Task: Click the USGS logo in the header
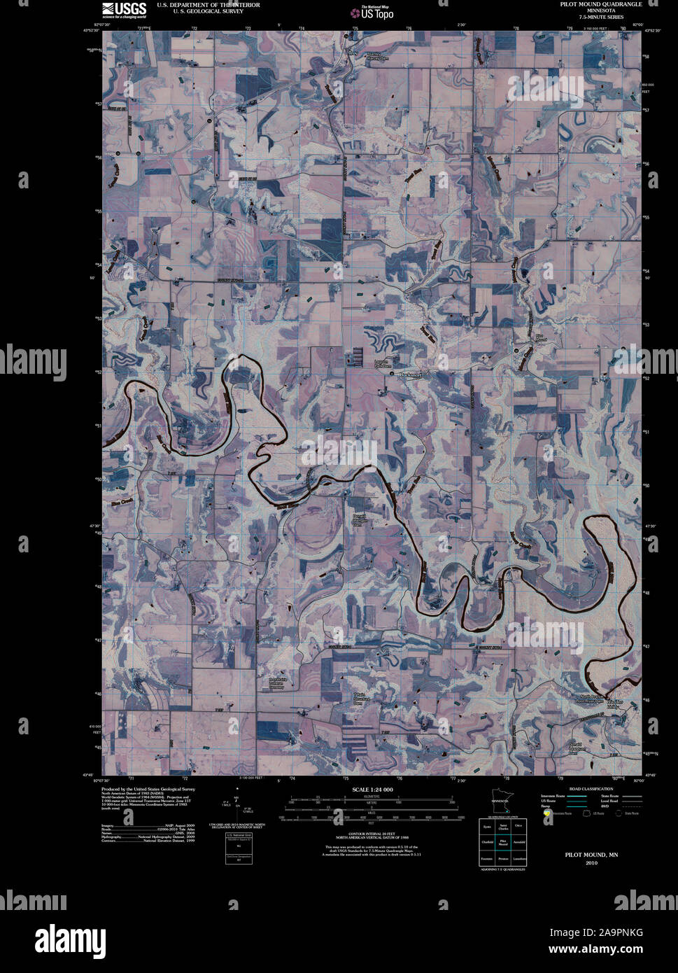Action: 124,9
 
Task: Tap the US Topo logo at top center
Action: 372,12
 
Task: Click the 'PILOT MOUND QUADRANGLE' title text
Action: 600,4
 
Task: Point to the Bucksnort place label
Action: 412,375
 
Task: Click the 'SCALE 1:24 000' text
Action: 373,790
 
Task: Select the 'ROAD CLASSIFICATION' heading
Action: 591,789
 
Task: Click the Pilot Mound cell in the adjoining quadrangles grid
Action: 502,843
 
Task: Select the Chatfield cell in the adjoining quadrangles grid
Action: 487,843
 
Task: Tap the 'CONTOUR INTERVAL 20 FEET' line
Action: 372,834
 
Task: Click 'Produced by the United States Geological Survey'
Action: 148,789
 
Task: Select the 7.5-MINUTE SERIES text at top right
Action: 600,16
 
